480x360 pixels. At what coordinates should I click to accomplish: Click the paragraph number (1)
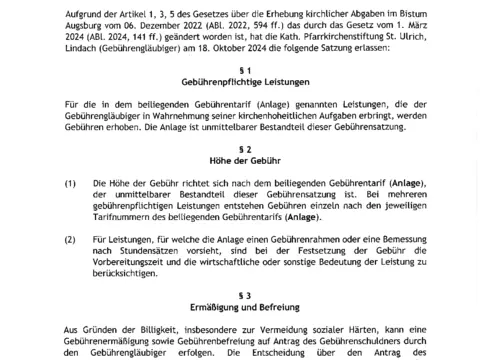coord(70,183)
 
